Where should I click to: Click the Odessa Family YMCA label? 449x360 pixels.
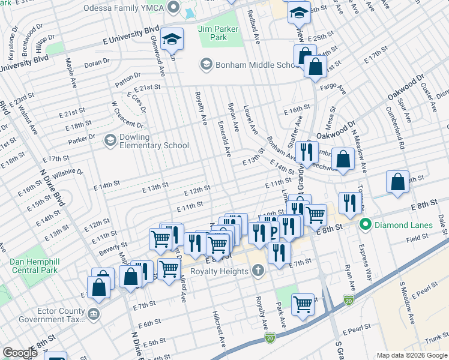tap(124, 7)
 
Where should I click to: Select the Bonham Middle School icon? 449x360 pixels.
tap(206, 64)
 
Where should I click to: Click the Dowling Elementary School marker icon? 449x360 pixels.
tap(110, 140)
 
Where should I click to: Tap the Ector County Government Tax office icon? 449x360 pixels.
tap(93, 314)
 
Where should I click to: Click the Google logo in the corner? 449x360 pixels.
tap(20, 353)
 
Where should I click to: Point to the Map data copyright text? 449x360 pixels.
tap(411, 355)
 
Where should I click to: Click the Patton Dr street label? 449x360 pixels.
tap(128, 76)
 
